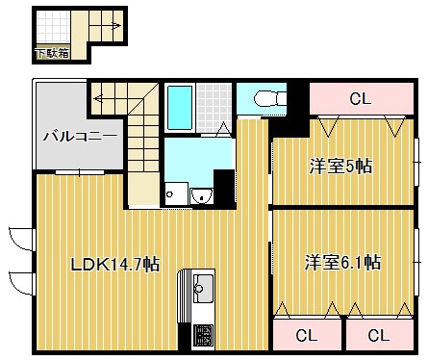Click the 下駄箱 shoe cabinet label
pos(51,53)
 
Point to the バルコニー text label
pos(80,137)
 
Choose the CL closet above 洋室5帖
pos(361,99)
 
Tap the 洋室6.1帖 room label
pos(342,262)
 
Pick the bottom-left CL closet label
pos(306,335)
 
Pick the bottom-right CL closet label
pos(379,335)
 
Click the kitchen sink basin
pos(204,286)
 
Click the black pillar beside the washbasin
pos(224,189)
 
